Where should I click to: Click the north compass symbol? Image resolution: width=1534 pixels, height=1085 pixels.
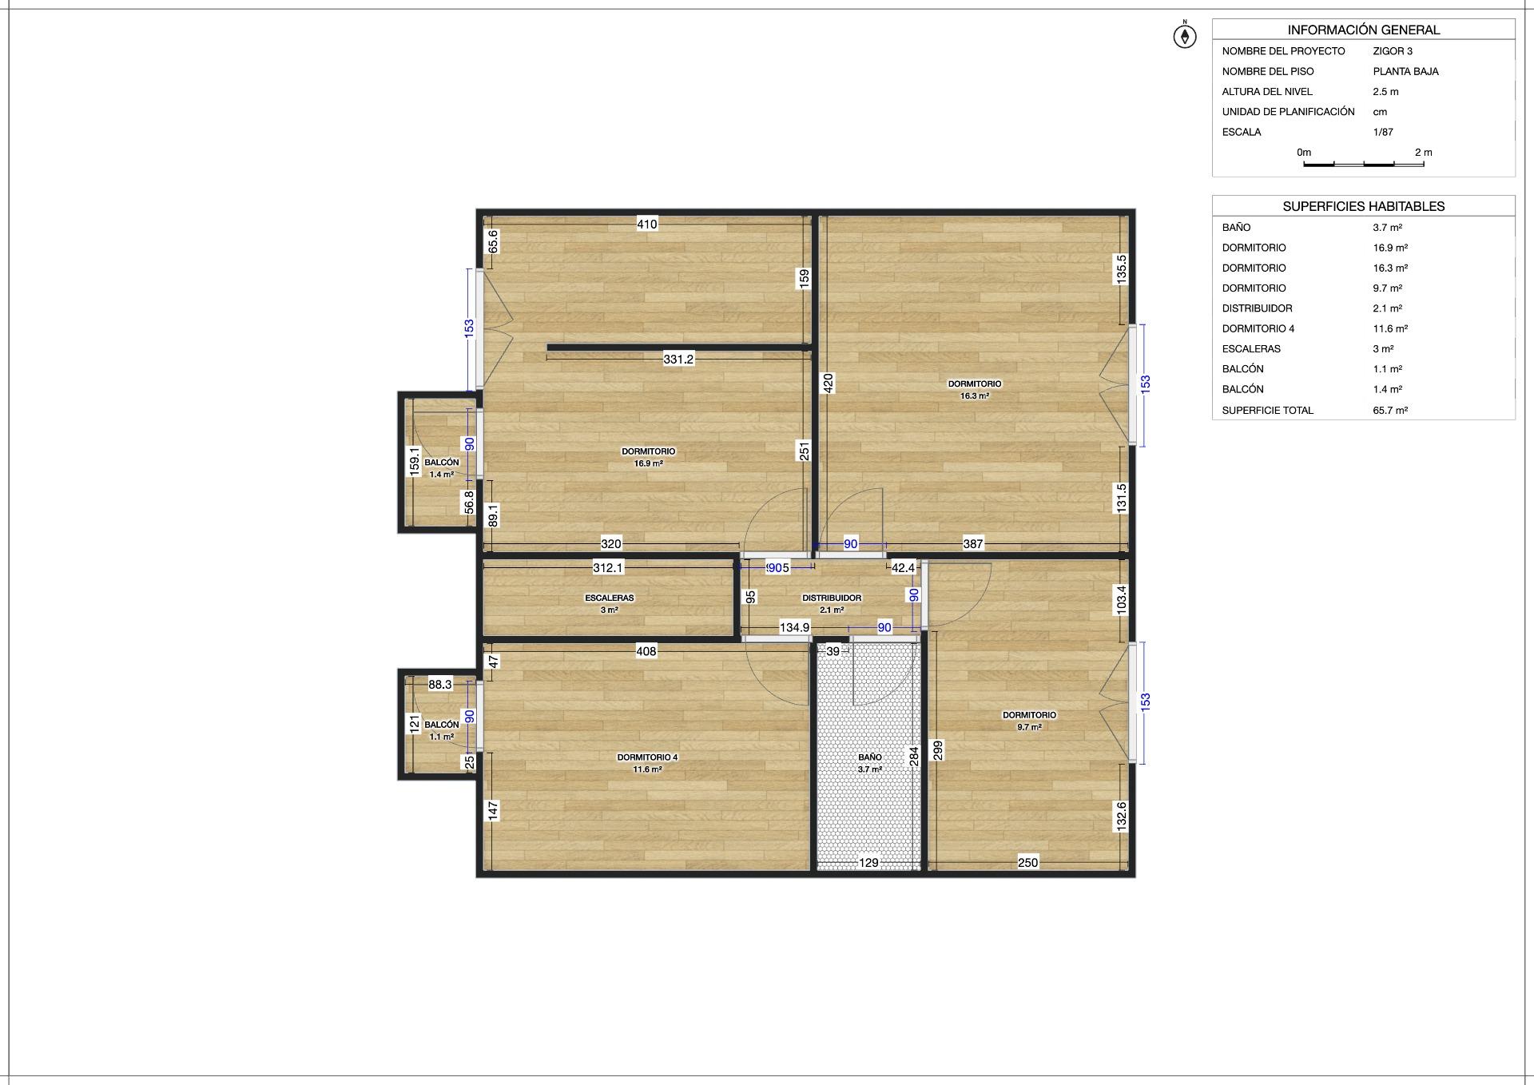tap(1185, 35)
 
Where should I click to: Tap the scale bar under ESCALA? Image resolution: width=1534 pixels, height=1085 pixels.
tap(1364, 165)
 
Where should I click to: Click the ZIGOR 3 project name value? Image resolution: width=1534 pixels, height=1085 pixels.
tap(1393, 51)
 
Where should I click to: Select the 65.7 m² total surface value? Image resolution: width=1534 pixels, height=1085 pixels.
tap(1390, 411)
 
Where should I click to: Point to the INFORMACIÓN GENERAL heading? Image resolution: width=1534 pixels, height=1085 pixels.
tap(1364, 30)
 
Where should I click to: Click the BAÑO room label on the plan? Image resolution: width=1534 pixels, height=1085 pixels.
tap(870, 757)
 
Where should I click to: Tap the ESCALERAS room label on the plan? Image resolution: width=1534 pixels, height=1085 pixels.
tap(610, 598)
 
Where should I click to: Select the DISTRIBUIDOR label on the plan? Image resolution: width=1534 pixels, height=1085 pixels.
tap(832, 598)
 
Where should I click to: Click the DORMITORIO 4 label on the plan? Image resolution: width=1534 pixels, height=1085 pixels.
tap(647, 757)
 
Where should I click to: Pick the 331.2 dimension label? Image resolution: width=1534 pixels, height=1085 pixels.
tap(678, 360)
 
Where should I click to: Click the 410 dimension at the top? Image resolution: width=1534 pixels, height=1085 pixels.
tap(647, 225)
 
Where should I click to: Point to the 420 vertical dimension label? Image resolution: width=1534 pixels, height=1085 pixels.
tap(828, 384)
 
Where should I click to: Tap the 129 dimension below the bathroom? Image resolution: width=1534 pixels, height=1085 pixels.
tap(868, 863)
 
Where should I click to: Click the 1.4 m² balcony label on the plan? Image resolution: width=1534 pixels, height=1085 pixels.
tap(442, 475)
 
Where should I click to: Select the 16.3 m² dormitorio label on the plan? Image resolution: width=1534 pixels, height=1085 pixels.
tap(975, 395)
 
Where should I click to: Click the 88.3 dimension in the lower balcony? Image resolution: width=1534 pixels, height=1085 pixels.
tap(440, 685)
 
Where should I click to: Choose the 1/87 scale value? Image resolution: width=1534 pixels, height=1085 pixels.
tap(1383, 133)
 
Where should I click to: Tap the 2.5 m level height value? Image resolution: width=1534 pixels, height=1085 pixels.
tap(1385, 92)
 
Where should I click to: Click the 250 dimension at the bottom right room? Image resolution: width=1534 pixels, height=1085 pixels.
tap(1027, 863)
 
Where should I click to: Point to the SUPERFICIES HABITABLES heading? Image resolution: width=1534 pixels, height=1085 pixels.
tap(1364, 206)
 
